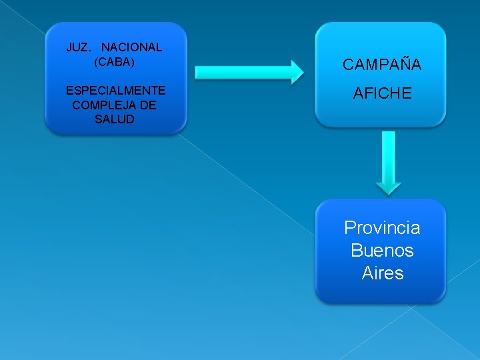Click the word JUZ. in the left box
tap(78, 47)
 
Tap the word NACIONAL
tap(131, 47)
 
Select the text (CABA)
tap(114, 62)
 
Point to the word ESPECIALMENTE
tap(115, 91)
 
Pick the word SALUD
tap(115, 119)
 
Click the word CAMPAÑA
tap(382, 65)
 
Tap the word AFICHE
tap(382, 94)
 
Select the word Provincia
tap(382, 228)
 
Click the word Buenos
tap(382, 251)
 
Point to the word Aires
tap(382, 273)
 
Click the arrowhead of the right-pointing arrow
tap(295, 71)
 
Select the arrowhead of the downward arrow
tap(388, 186)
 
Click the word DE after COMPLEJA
tap(149, 105)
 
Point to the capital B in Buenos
tap(357, 251)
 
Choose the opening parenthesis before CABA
tap(96, 62)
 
